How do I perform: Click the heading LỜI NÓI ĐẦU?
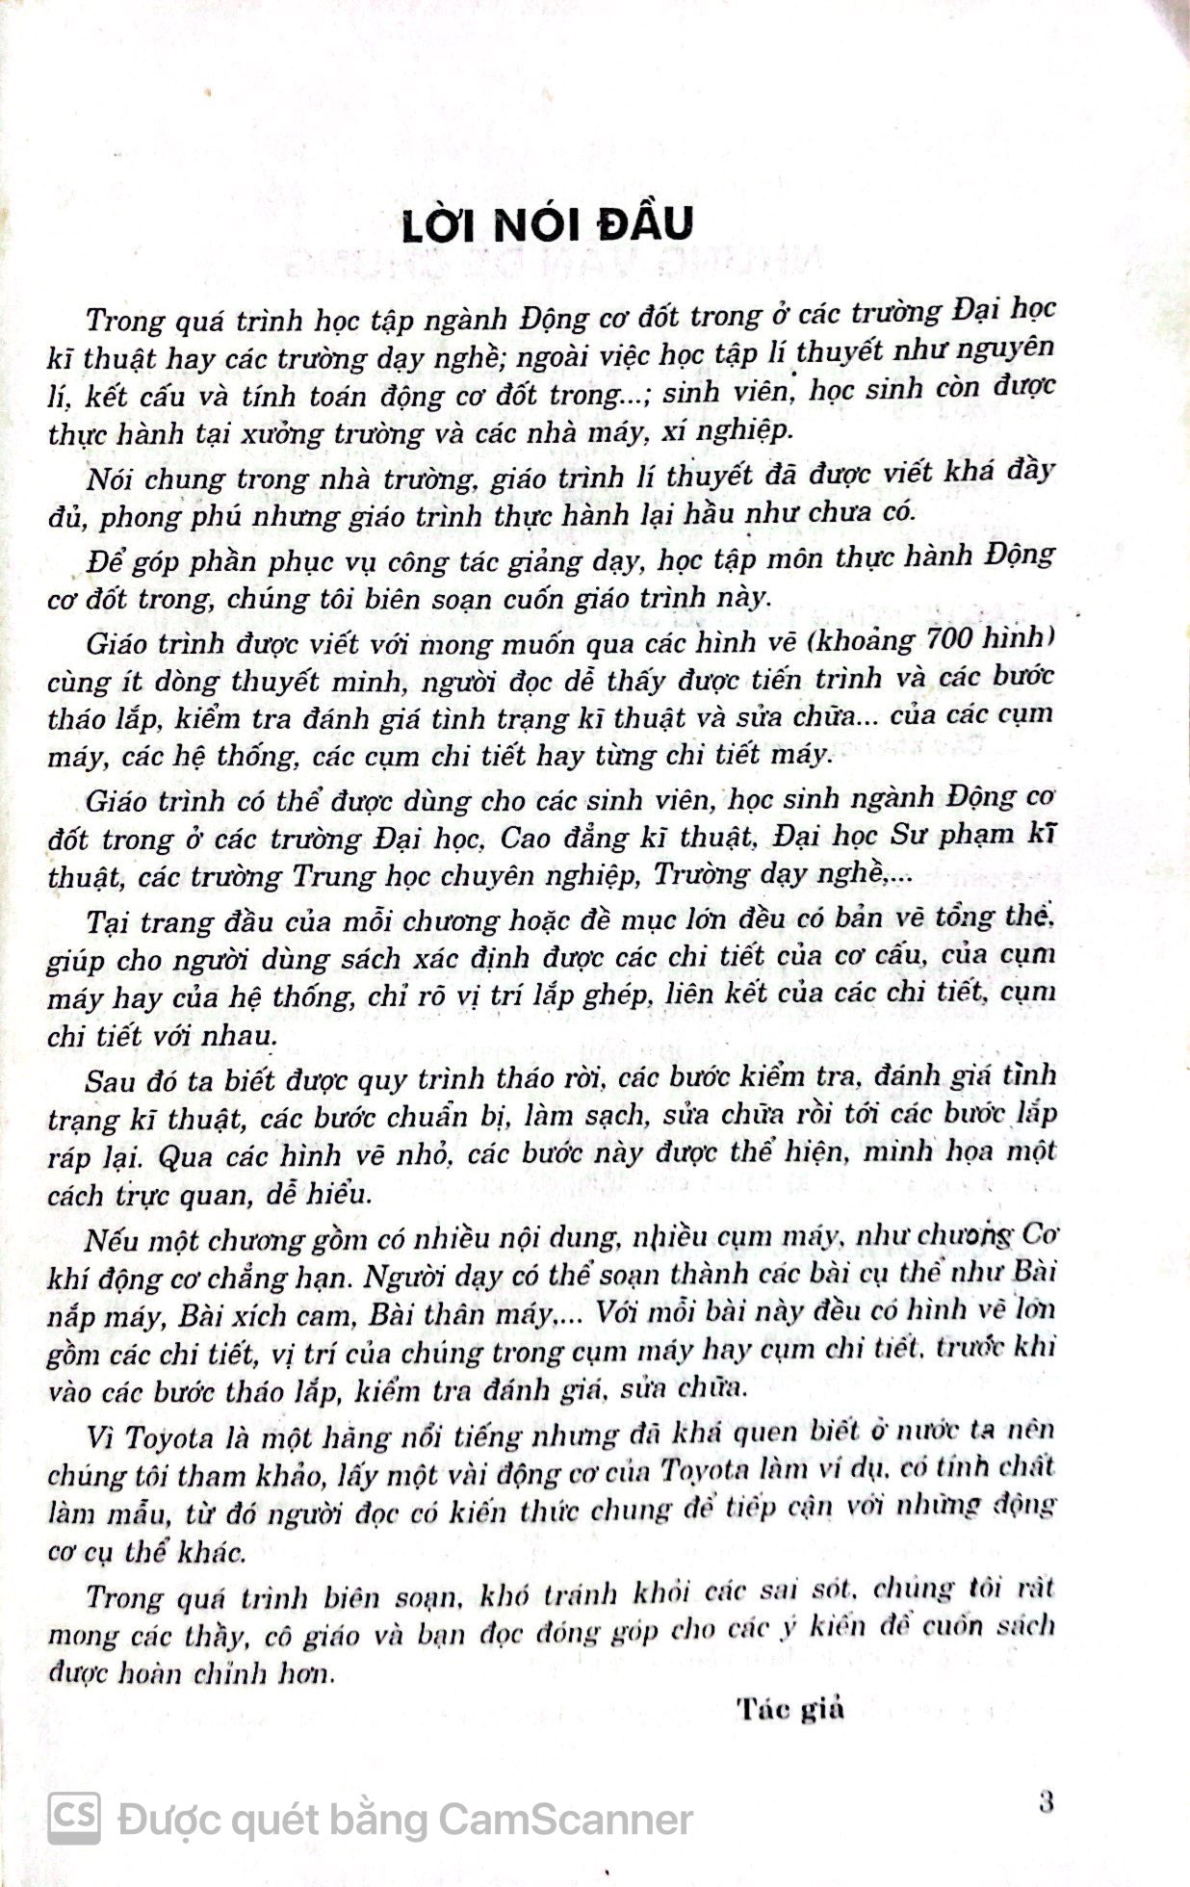[x=547, y=223]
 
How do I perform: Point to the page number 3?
[x=1047, y=1799]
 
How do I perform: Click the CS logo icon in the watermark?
[x=74, y=1817]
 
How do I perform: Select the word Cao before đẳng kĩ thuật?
[x=527, y=838]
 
